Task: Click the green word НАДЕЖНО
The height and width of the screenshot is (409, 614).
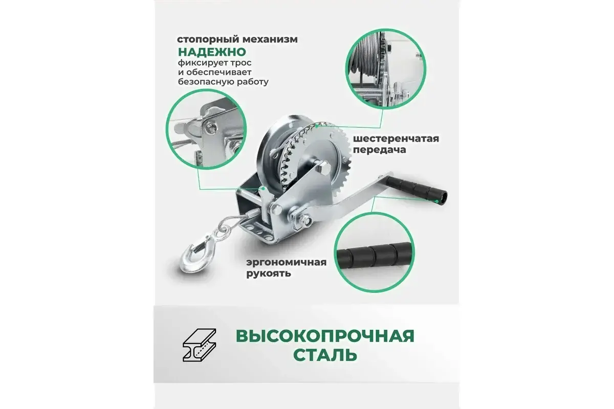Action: pyautogui.click(x=212, y=52)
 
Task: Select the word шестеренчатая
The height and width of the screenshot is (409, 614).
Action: pyautogui.click(x=396, y=139)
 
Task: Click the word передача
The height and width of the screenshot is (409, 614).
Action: pyautogui.click(x=380, y=150)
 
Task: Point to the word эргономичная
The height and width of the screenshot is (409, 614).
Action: pyautogui.click(x=286, y=263)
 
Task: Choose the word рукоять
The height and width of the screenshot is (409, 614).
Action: pyautogui.click(x=268, y=274)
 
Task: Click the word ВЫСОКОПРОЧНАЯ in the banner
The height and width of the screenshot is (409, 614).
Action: pyautogui.click(x=325, y=336)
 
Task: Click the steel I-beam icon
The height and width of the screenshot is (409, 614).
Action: pyautogui.click(x=199, y=345)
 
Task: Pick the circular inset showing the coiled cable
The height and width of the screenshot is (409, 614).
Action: pyautogui.click(x=386, y=69)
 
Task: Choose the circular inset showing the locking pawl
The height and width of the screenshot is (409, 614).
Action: pyautogui.click(x=206, y=129)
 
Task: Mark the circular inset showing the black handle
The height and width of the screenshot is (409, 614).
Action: pyautogui.click(x=374, y=253)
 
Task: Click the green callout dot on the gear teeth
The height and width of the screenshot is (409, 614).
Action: pyautogui.click(x=317, y=126)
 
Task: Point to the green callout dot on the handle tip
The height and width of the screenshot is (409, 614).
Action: pyautogui.click(x=436, y=201)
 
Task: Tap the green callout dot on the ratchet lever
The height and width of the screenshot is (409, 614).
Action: pyautogui.click(x=263, y=189)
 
